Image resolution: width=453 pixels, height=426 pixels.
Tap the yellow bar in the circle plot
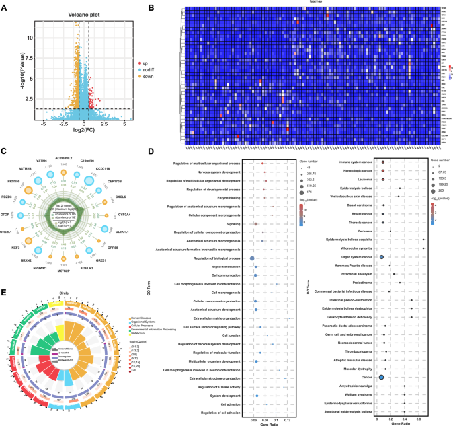click(x=61, y=330)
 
